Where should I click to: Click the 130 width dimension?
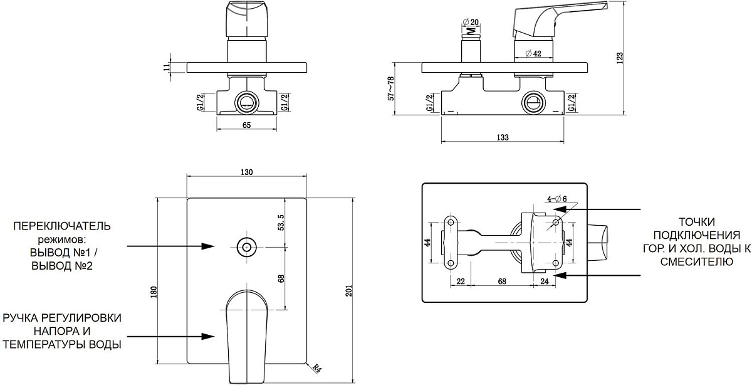[246, 174]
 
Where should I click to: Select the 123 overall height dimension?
[620, 57]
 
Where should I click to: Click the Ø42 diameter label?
[532, 53]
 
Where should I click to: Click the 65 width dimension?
[246, 125]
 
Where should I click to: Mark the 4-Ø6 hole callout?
[556, 199]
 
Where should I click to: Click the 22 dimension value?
[461, 282]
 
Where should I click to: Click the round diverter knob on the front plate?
[246, 246]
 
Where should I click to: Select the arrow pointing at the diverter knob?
[169, 246]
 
